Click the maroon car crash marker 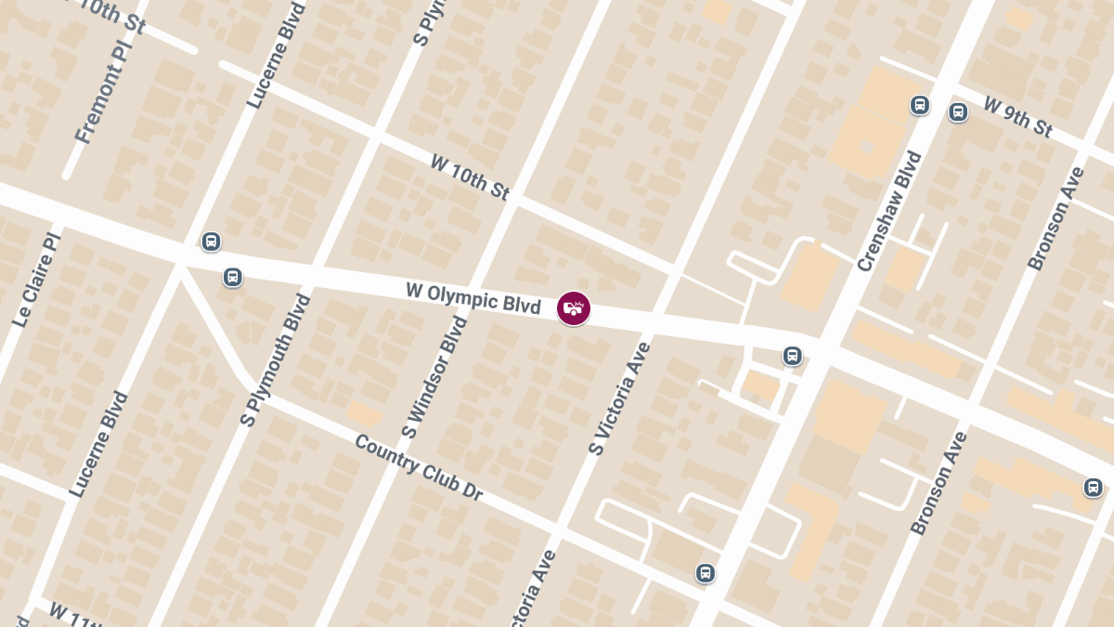(x=574, y=308)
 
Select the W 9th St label (x=1018, y=117)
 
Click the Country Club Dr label (x=418, y=467)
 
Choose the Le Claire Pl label (x=37, y=280)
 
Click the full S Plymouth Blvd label (x=275, y=360)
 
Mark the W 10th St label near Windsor (x=470, y=176)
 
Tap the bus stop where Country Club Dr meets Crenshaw (x=706, y=573)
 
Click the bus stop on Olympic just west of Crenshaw (x=792, y=355)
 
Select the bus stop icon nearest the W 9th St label (x=958, y=112)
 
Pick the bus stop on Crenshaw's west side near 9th (x=920, y=105)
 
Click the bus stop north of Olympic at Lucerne (x=212, y=242)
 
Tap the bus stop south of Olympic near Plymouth (x=232, y=277)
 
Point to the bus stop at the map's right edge (x=1094, y=487)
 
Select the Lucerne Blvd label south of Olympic (x=98, y=444)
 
